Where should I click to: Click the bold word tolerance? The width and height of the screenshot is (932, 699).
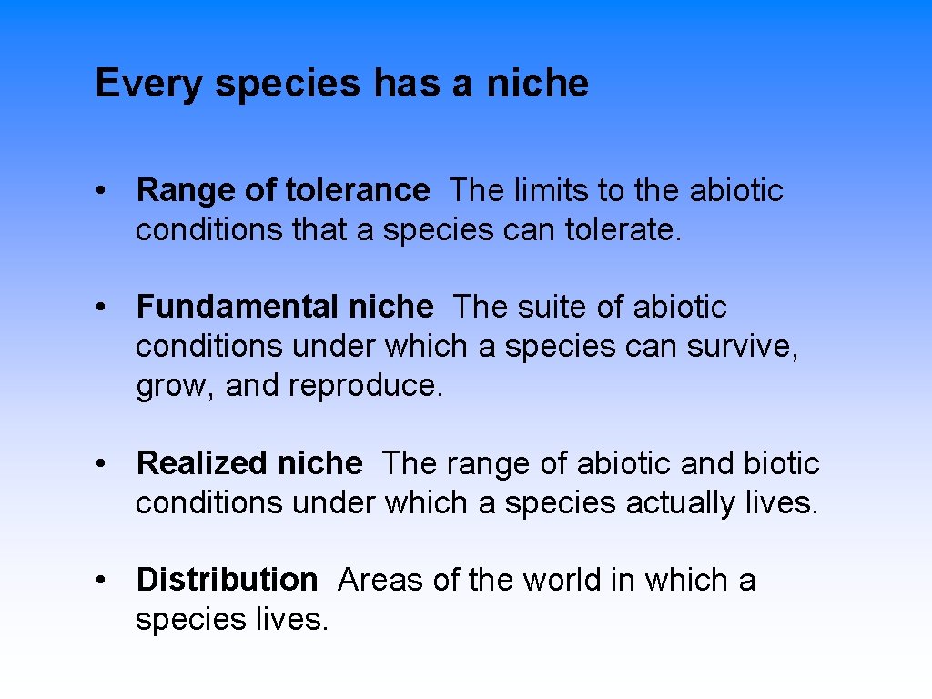pyautogui.click(x=357, y=191)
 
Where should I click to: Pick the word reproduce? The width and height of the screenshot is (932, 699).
pyautogui.click(x=366, y=386)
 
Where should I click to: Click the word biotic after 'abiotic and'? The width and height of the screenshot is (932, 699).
pyautogui.click(x=782, y=464)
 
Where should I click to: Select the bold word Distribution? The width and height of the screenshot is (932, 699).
pyautogui.click(x=227, y=580)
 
